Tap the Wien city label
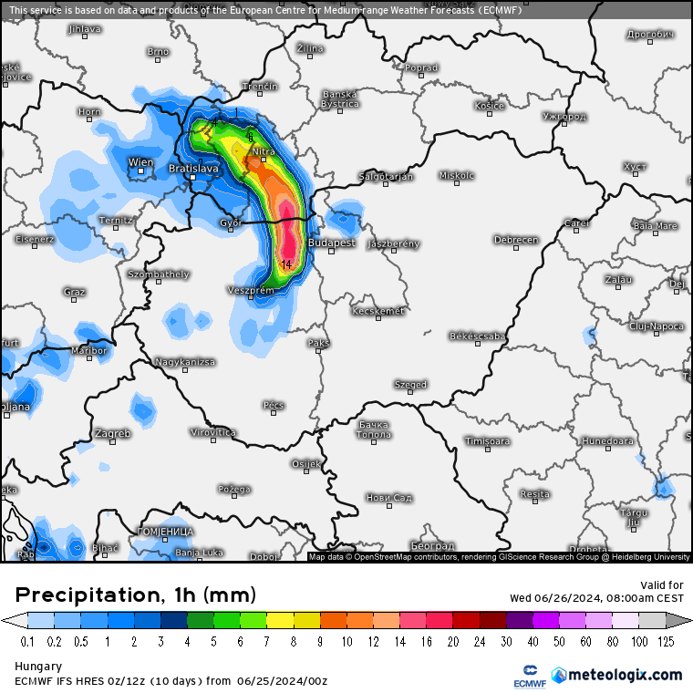click(141, 162)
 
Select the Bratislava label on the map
click(194, 169)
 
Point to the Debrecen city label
click(516, 240)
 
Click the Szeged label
click(410, 385)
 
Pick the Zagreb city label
click(112, 433)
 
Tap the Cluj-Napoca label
click(656, 326)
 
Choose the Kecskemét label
click(378, 311)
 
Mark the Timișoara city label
click(487, 441)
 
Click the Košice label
click(489, 106)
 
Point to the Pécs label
click(274, 405)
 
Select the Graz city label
click(75, 292)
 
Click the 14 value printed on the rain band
click(286, 264)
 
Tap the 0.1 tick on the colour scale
click(28, 641)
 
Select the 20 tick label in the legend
click(454, 641)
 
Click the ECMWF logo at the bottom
click(527, 676)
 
